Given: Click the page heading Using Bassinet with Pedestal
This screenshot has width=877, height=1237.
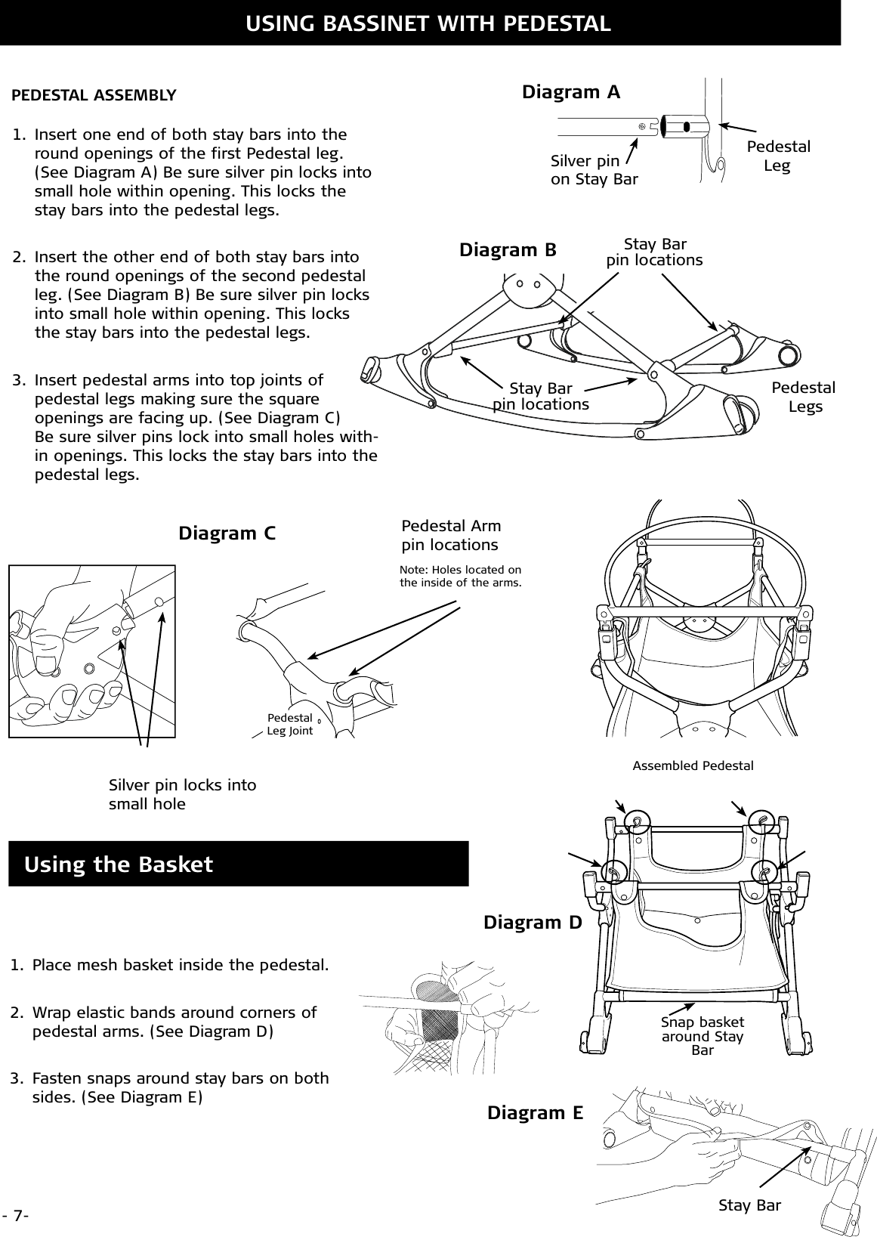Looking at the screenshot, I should point(428,23).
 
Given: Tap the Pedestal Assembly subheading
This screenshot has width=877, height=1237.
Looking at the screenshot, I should point(94,96).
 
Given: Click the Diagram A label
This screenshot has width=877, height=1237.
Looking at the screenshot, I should point(571,92).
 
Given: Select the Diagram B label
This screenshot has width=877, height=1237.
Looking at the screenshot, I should point(508,249).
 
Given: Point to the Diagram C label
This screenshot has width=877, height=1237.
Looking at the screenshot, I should point(227,533).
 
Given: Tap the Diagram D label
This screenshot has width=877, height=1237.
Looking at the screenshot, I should point(533,923).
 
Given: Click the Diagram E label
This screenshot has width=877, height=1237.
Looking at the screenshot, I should point(535,1113).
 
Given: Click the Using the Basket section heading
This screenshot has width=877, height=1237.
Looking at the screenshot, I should point(119,864).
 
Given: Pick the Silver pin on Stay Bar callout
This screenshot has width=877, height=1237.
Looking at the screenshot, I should point(594,170).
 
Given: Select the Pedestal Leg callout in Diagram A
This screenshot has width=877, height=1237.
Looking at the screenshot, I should point(778,156).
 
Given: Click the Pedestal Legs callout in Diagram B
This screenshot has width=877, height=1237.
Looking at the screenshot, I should point(804,397).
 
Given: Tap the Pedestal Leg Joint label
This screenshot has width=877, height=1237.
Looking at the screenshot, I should point(289,724).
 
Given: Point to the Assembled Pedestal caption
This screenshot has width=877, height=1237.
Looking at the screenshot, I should point(693,766).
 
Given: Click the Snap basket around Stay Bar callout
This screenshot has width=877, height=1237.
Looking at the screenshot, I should point(703,1036).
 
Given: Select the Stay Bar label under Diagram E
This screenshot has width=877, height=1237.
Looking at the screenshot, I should point(749,1205).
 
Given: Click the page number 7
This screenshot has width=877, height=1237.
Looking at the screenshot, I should point(15,1216).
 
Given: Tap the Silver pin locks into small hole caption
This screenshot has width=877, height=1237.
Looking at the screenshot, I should point(182,794).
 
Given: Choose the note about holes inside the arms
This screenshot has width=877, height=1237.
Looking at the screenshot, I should point(460,576).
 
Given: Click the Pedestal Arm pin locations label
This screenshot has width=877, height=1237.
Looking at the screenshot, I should point(451,535).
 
